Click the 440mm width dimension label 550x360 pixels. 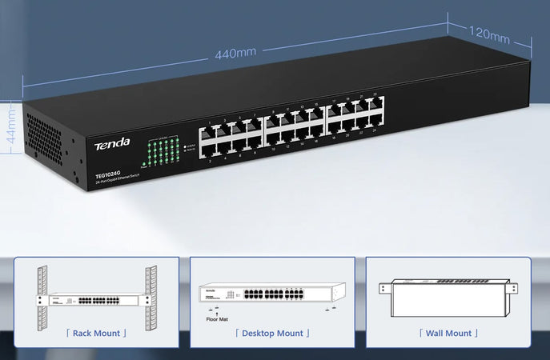pos(235,53)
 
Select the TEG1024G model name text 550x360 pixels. pos(109,175)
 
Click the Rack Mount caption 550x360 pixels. pos(96,333)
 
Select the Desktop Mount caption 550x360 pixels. pos(272,333)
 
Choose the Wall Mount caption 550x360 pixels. pos(448,333)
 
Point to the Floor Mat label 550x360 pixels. pos(217,318)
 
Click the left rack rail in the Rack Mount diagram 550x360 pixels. pos(42,298)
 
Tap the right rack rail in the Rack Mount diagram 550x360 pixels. pos(151,298)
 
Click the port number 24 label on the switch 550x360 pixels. pos(374,130)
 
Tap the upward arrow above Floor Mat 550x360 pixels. pos(216,310)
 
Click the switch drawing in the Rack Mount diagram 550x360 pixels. pos(95,301)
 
